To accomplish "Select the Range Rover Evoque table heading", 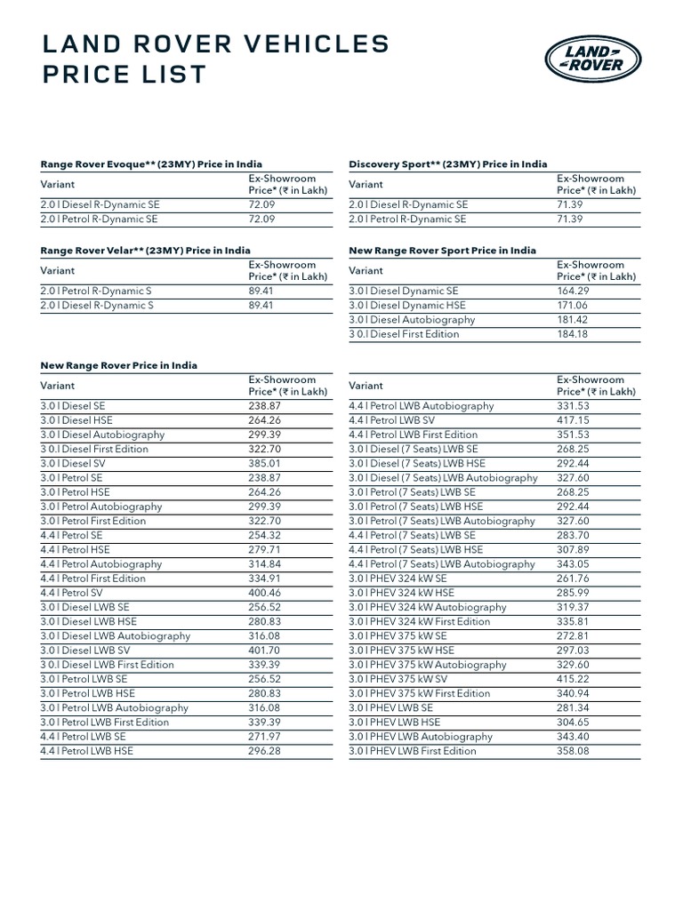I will pyautogui.click(x=151, y=164).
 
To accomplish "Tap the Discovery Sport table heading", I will pyautogui.click(x=447, y=164).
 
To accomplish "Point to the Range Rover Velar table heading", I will pyautogui.click(x=145, y=251).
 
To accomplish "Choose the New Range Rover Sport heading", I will pyautogui.click(x=442, y=251).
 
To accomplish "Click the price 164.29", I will pyautogui.click(x=574, y=291).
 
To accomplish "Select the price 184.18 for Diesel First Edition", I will pyautogui.click(x=574, y=334).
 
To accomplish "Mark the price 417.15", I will pyautogui.click(x=574, y=420).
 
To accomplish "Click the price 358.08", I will pyautogui.click(x=574, y=751).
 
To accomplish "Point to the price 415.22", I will pyautogui.click(x=574, y=679).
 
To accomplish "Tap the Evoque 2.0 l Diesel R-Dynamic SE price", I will pyautogui.click(x=262, y=204).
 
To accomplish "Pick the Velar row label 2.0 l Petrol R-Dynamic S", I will pyautogui.click(x=97, y=291).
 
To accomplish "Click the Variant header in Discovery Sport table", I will pyautogui.click(x=366, y=185).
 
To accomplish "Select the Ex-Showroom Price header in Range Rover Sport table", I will pyautogui.click(x=596, y=271).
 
